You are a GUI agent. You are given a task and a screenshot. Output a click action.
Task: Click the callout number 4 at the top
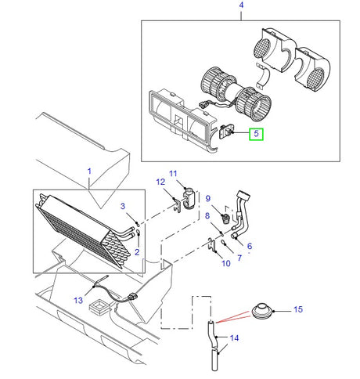point(240,6)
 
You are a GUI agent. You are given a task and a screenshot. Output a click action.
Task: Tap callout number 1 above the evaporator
point(89,171)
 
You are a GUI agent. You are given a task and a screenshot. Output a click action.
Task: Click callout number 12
point(160,182)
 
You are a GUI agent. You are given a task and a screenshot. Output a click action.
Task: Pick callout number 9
point(208,199)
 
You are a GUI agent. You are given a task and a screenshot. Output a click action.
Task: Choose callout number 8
point(207,215)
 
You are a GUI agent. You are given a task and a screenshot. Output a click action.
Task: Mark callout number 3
point(123,206)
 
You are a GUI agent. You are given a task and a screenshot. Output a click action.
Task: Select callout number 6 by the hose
point(250,246)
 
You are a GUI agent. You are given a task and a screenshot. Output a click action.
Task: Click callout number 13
point(78,299)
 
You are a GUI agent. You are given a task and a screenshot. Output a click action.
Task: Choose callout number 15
point(297,310)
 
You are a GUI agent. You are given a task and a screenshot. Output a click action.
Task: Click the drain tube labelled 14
point(214,345)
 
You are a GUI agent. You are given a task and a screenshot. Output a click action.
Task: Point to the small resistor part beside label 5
point(229,134)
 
